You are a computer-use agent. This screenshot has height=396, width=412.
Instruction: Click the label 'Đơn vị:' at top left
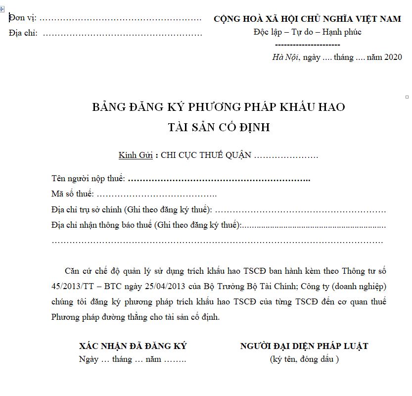23,19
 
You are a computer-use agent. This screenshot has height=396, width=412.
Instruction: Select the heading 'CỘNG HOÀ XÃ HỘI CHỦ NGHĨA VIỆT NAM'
307,19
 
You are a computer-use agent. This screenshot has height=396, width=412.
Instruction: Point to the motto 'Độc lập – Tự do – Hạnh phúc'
307,32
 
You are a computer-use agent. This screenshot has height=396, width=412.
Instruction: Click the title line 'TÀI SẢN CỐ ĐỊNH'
219,127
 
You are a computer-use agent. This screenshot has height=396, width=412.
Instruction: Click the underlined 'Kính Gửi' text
136,155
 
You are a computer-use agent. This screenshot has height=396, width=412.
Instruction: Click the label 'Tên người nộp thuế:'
88,178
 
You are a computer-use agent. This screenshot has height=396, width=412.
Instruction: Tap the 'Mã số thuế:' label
72,194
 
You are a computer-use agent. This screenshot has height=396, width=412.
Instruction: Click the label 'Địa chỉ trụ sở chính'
86,209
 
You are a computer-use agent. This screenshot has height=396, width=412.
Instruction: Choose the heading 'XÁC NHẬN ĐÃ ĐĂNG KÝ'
133,346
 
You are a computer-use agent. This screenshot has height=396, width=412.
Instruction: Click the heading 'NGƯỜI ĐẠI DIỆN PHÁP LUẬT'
304,346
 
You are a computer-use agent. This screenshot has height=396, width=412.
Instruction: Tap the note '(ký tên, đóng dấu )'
304,359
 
